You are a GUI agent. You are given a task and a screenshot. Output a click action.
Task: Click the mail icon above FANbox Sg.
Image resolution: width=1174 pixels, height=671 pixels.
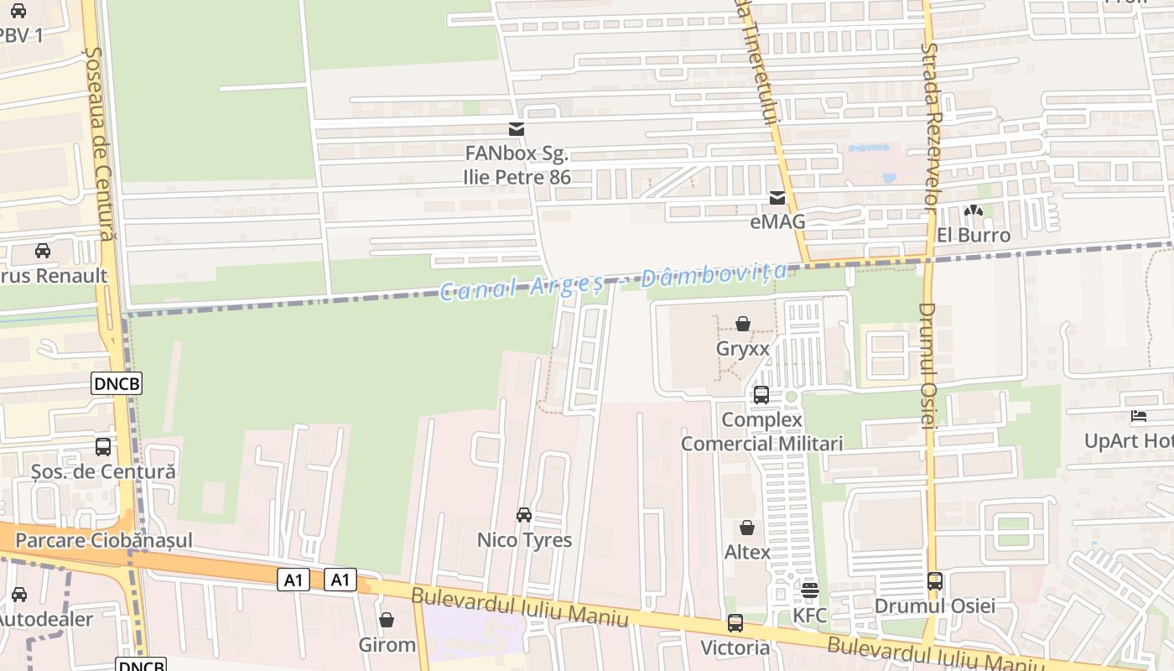[x=517, y=129]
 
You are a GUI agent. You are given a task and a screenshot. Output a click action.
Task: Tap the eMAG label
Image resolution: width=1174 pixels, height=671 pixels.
[x=777, y=221]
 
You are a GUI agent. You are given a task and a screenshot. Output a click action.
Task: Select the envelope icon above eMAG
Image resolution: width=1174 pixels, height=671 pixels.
[x=777, y=199]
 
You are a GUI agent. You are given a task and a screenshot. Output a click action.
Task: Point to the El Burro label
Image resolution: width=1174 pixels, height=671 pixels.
[x=974, y=235]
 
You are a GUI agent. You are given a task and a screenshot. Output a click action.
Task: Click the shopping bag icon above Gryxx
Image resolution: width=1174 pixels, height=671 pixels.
[x=743, y=324]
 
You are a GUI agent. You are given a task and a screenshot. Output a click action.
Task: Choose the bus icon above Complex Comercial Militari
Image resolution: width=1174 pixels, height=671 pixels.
[x=761, y=395]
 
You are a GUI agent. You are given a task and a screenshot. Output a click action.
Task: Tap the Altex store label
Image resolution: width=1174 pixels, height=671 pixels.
[x=747, y=552]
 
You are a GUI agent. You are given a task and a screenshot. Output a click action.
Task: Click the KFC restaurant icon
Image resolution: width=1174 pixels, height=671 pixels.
[x=810, y=590]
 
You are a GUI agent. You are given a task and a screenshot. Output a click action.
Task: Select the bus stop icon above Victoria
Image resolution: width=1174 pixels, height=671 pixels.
[x=735, y=623]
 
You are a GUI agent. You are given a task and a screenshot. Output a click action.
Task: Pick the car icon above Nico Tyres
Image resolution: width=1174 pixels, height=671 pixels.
[x=524, y=515]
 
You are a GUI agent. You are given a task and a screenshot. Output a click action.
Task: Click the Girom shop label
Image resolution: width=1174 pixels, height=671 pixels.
[x=387, y=645]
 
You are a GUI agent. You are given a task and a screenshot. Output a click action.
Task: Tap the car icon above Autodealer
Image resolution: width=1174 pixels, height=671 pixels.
[x=19, y=595]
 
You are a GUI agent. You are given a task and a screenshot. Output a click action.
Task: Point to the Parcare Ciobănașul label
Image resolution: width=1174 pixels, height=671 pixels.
[x=104, y=540]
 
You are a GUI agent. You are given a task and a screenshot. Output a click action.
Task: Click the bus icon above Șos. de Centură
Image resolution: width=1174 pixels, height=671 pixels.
[x=103, y=447]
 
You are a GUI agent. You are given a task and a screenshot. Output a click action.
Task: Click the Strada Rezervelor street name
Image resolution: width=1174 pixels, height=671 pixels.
[x=929, y=126]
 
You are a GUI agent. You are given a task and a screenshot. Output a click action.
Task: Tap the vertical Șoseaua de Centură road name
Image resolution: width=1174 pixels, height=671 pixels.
[x=99, y=143]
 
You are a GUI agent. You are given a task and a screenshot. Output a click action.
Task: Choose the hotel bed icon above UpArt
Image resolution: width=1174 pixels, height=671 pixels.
[x=1139, y=416]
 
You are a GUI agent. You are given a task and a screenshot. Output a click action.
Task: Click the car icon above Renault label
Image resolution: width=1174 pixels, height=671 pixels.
[x=43, y=251]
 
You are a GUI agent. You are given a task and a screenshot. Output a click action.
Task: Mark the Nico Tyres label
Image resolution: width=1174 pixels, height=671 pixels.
[x=524, y=540]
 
